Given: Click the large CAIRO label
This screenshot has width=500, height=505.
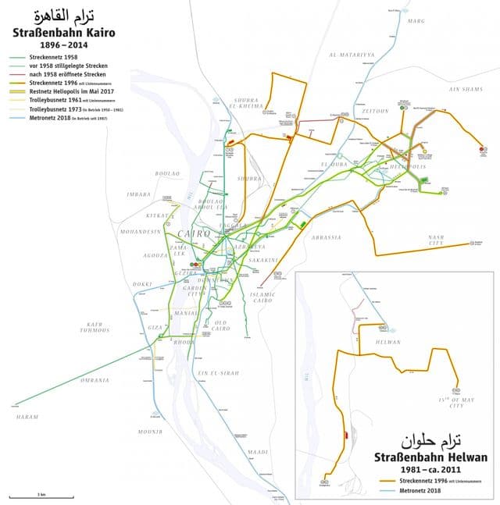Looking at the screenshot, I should click(193, 234).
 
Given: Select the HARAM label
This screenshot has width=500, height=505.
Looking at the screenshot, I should click(27, 417).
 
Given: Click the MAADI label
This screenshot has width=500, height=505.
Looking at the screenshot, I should click(257, 452).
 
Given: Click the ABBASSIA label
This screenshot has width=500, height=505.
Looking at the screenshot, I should click(326, 236).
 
